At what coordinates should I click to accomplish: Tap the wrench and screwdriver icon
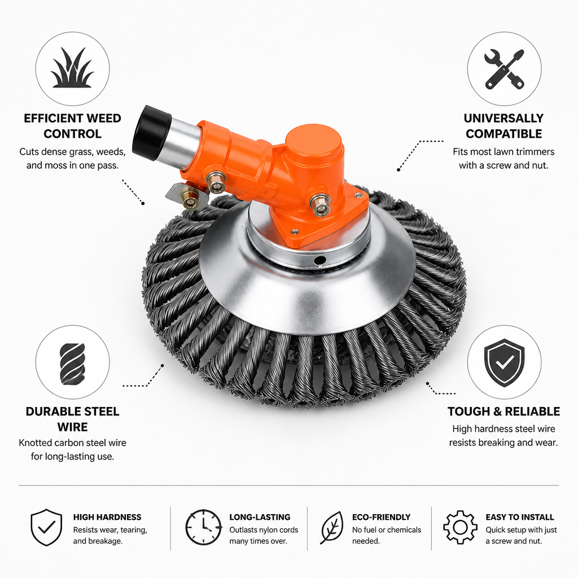point(504,69)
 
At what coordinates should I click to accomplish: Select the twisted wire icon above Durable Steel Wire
point(72,364)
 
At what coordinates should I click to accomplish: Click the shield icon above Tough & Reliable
point(504,363)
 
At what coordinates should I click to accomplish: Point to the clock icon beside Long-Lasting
point(203,528)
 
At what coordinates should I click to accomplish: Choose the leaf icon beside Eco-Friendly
point(332,528)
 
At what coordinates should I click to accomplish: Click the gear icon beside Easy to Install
point(460,528)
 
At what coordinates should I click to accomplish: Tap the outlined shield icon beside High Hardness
point(46,528)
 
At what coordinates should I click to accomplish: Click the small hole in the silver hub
point(319,261)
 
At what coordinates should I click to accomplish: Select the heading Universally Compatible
point(503,126)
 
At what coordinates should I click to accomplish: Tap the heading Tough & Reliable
point(503,411)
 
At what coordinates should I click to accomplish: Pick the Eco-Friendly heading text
point(381,517)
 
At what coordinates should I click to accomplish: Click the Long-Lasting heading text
point(260,517)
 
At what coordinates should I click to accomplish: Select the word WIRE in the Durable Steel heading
point(72,427)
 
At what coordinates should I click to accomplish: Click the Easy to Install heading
point(520,517)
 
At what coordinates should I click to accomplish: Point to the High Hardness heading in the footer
point(107,517)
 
